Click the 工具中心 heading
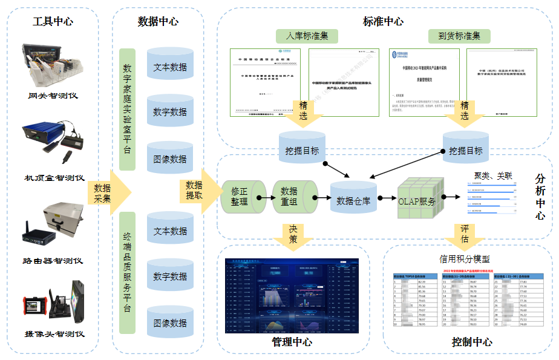(x=53, y=21)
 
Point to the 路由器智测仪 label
(x=53, y=261)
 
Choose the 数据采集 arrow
(x=108, y=193)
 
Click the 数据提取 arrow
(x=198, y=191)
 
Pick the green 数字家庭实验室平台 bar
(x=127, y=110)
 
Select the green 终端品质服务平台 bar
(x=127, y=272)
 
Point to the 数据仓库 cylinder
(x=353, y=197)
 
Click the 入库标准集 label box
(x=307, y=36)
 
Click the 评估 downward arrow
(x=464, y=234)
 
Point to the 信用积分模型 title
(x=464, y=259)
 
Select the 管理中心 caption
(x=292, y=342)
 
